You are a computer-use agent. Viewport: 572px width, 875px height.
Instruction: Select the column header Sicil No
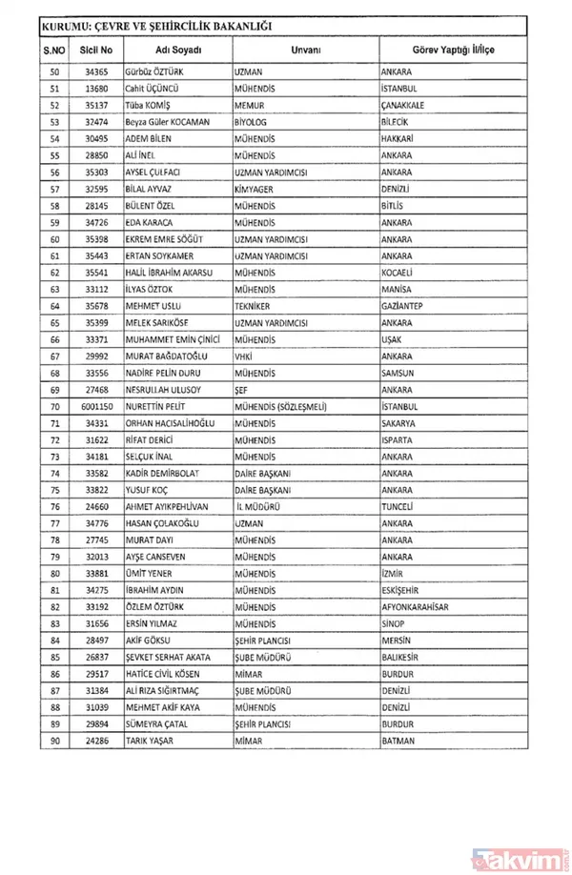(97, 49)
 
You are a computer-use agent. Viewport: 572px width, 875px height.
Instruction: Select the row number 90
(54, 741)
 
